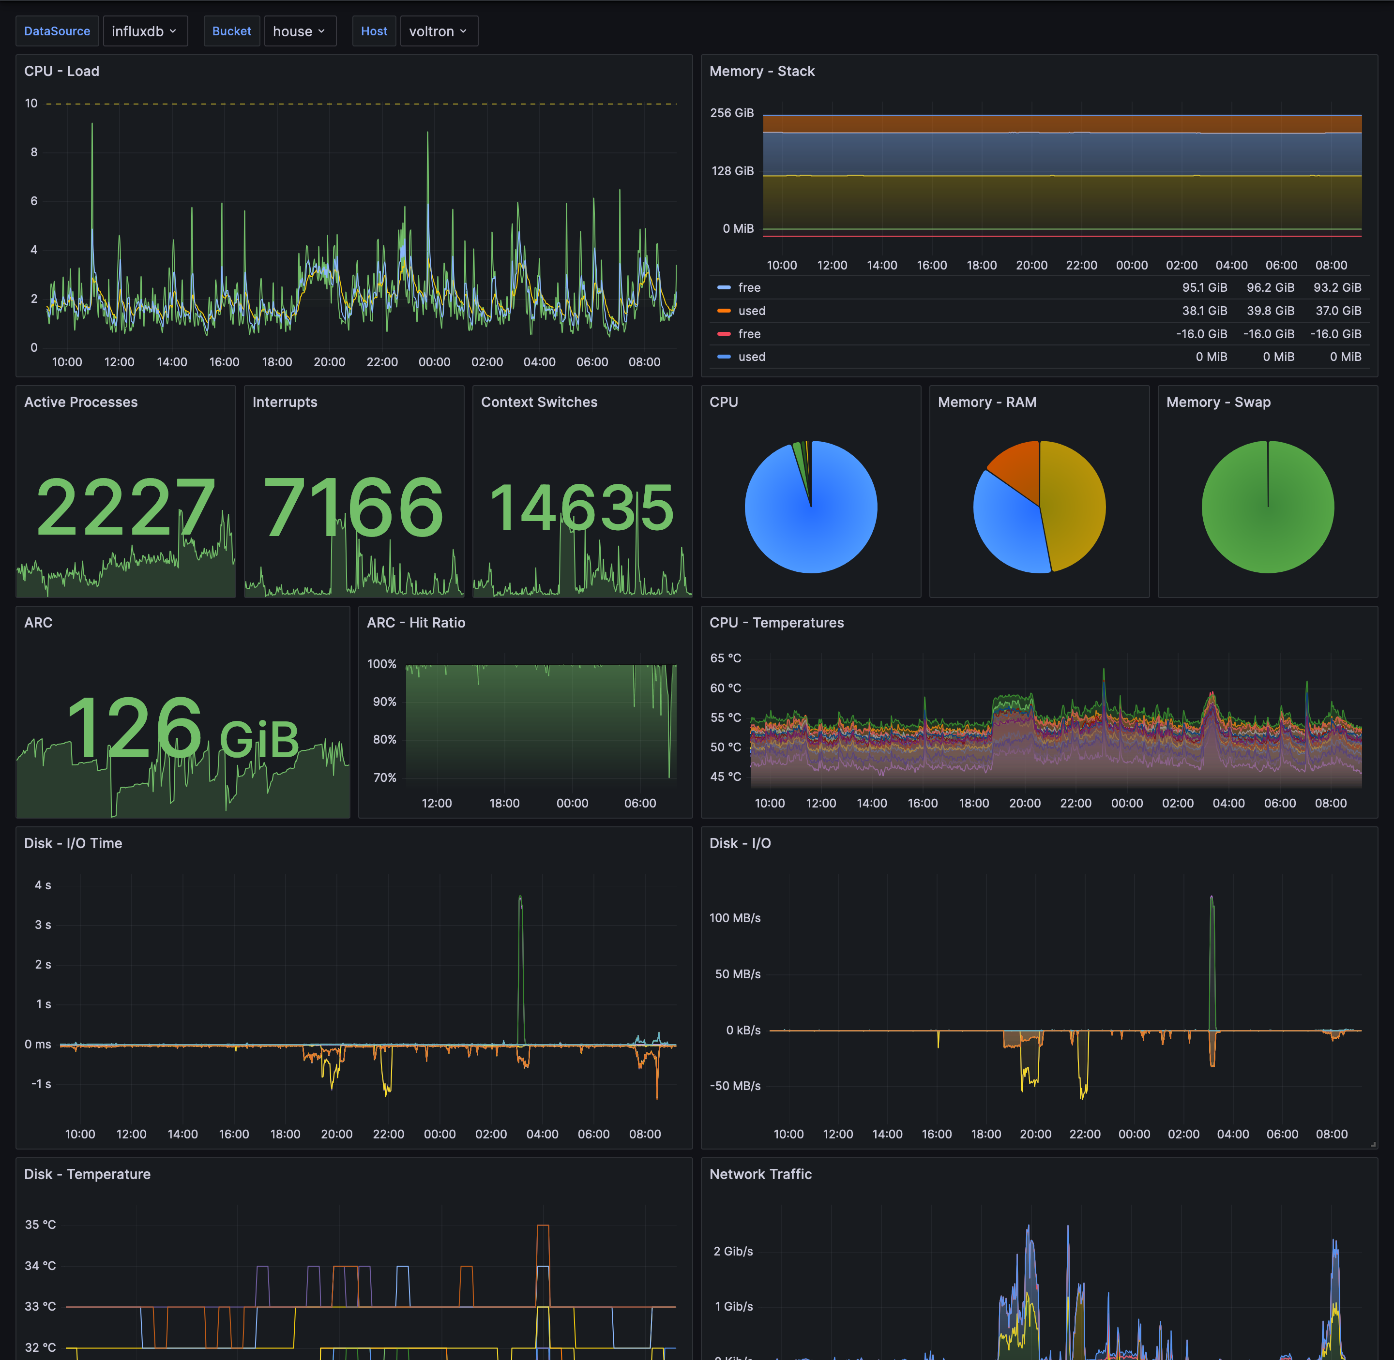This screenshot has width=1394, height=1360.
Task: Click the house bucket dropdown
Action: (x=300, y=31)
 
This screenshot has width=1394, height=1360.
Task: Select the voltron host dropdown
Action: (x=438, y=31)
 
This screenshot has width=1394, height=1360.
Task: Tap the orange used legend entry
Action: (x=751, y=311)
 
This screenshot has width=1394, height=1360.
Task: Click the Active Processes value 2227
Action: (x=126, y=508)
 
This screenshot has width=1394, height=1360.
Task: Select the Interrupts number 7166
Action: (x=354, y=508)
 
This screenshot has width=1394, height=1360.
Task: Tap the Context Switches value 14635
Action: (x=582, y=508)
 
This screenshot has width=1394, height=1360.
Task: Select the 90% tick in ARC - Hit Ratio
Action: (x=384, y=702)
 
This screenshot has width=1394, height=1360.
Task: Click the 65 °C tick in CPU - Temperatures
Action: (x=725, y=658)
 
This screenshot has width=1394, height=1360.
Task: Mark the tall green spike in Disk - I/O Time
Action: (x=520, y=928)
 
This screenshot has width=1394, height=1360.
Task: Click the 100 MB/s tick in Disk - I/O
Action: (x=734, y=918)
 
